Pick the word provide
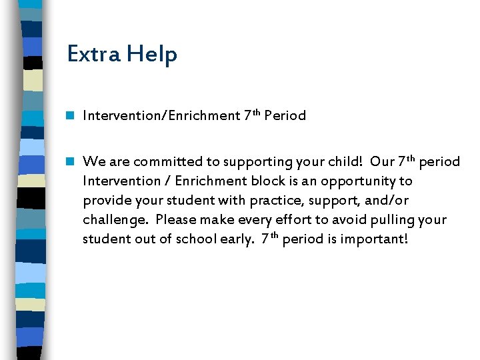[103, 200]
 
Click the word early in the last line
[239, 239]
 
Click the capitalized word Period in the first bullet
[285, 115]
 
